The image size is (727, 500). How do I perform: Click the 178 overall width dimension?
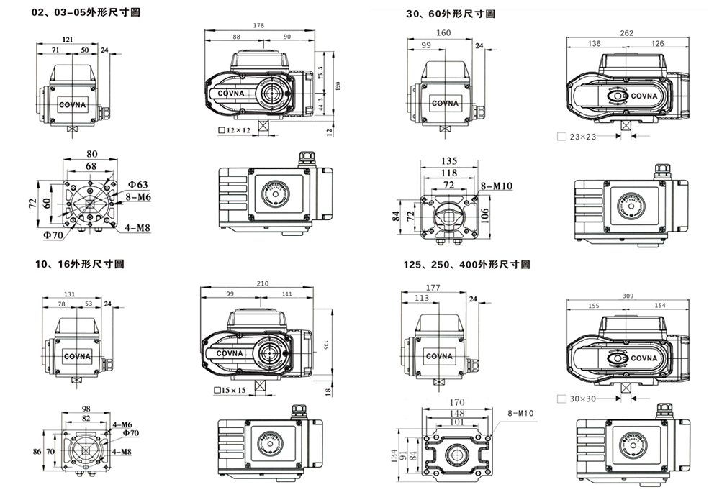point(258,25)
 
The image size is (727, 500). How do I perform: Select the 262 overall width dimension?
point(626,33)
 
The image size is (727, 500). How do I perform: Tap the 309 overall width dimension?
point(627,296)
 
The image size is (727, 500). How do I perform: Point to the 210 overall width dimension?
point(263,283)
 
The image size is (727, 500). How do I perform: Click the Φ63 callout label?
point(138,185)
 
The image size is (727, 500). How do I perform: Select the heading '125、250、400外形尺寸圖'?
point(467,265)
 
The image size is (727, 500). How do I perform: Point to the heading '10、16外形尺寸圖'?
point(78,264)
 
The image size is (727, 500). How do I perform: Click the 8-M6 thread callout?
point(138,196)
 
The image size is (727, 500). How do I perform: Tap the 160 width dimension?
point(443,33)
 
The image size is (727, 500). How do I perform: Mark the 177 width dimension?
point(433,288)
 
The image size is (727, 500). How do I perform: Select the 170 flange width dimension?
point(457,402)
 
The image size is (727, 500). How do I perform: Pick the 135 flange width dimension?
point(448,161)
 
